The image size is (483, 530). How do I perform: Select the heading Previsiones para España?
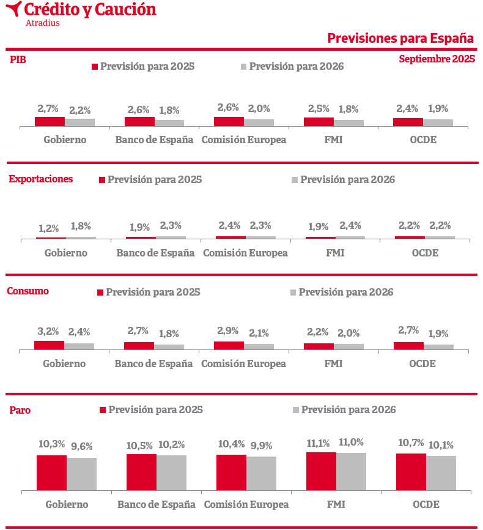(x=400, y=38)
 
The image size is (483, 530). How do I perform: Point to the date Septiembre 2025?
(x=437, y=59)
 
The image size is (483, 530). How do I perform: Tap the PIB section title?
(x=18, y=59)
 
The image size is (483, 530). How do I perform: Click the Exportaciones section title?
(x=41, y=179)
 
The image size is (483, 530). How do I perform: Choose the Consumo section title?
(x=28, y=291)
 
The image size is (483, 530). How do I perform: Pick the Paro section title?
(x=20, y=410)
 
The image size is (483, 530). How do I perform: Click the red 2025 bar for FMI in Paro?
(x=321, y=471)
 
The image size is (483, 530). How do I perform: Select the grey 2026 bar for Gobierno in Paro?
(x=81, y=474)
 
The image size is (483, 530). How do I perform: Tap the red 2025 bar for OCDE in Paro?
(x=411, y=471)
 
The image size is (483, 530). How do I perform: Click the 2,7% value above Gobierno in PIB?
(x=48, y=109)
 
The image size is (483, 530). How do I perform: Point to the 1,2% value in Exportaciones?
(x=48, y=228)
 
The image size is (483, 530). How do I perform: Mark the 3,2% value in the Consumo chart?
(x=48, y=332)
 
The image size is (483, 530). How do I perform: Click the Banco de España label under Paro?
(x=157, y=504)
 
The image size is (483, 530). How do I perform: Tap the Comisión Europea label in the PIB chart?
(x=243, y=140)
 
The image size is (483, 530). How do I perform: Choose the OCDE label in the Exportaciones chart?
(x=425, y=252)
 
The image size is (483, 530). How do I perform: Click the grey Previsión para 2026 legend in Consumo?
(x=342, y=292)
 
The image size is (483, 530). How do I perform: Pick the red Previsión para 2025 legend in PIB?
(x=143, y=66)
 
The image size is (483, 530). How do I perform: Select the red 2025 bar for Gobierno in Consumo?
(x=49, y=345)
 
